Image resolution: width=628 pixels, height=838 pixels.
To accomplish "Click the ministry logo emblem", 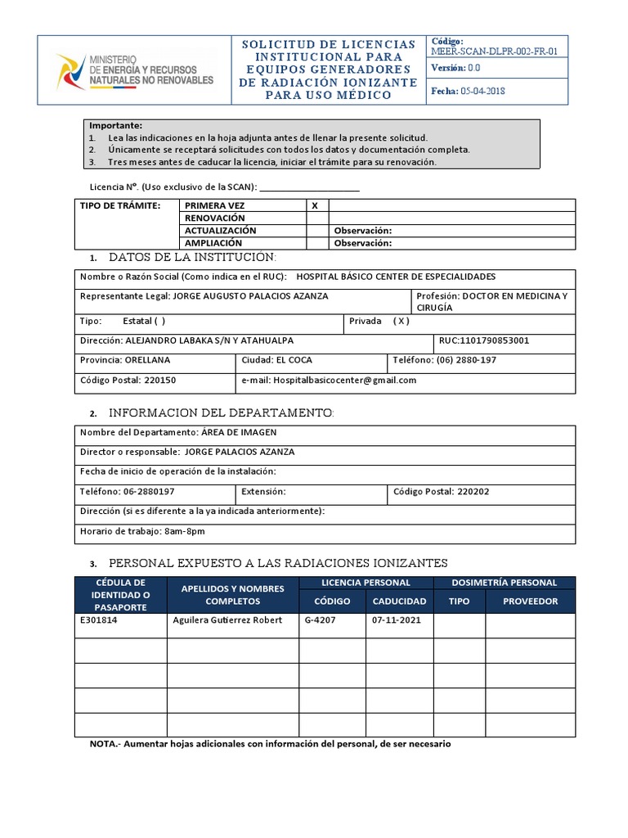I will [x=70, y=70].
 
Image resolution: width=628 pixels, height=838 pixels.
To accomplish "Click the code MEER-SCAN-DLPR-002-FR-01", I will [x=495, y=52].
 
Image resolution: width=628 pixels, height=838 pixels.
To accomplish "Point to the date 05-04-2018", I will [x=483, y=91].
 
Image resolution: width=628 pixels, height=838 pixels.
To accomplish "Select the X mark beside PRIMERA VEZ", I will [x=315, y=205].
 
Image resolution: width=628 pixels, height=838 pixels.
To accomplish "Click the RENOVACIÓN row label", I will [x=214, y=219].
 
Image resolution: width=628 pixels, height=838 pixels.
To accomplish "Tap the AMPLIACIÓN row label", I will [x=213, y=243].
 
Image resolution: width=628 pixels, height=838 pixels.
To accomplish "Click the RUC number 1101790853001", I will [x=484, y=340].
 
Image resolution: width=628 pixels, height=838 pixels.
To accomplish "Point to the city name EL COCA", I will [x=294, y=360].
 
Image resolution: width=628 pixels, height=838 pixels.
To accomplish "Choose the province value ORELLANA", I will [x=148, y=360].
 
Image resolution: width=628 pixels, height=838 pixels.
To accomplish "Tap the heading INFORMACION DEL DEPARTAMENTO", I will [x=221, y=412].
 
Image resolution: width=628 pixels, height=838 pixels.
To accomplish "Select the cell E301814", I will [x=98, y=620].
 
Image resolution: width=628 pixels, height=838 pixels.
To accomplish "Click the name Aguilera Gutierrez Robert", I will [x=227, y=620].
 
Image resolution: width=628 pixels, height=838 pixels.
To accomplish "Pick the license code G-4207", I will [x=321, y=620].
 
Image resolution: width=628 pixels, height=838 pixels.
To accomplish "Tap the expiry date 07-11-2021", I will [x=397, y=620].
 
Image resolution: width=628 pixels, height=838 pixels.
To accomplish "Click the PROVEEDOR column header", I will [x=530, y=601].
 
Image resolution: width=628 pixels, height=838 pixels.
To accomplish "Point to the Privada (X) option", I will [x=379, y=321].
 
